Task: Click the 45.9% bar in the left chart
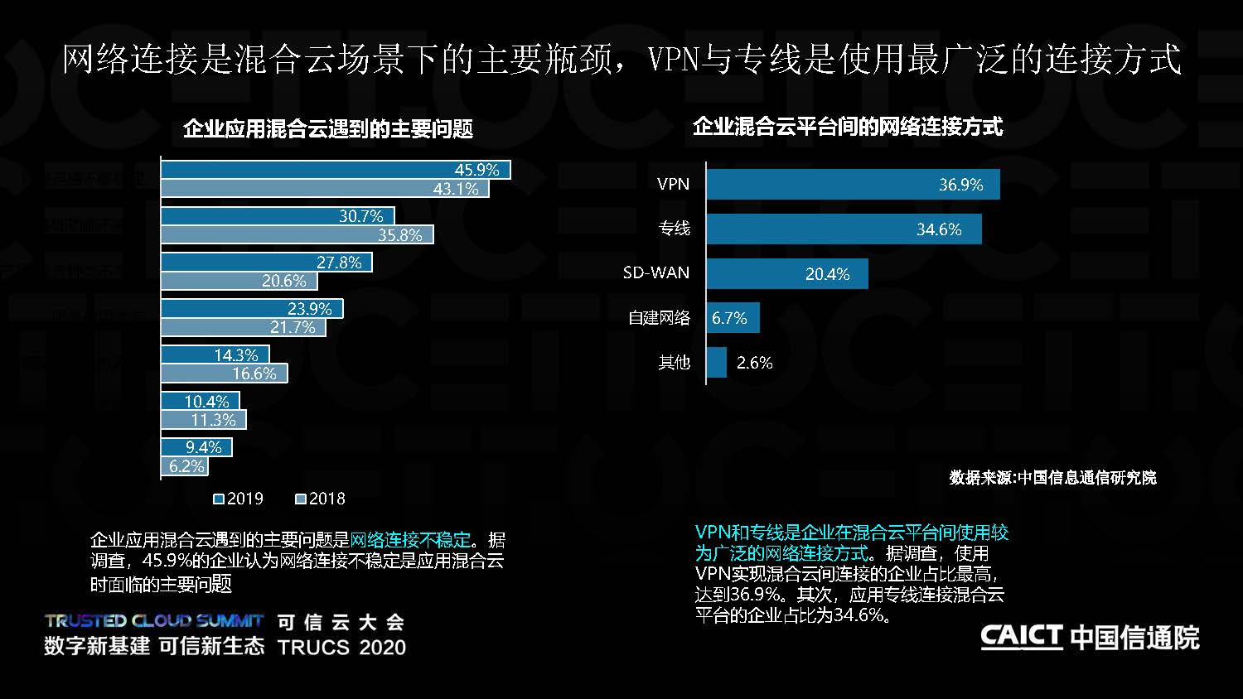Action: [x=335, y=170]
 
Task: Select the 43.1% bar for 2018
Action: [x=324, y=189]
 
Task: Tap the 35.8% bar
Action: [x=296, y=235]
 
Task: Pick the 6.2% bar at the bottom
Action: [x=183, y=466]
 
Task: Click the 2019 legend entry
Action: [x=239, y=499]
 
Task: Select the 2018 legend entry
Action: [x=321, y=499]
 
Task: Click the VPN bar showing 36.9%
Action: [x=853, y=184]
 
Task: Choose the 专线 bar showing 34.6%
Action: [x=844, y=229]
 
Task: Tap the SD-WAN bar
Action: [x=787, y=273]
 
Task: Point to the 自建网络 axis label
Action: [x=659, y=318]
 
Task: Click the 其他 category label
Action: [x=674, y=363]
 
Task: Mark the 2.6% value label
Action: [x=754, y=363]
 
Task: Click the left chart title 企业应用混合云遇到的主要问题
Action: [x=327, y=128]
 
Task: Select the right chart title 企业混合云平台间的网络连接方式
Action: [x=847, y=126]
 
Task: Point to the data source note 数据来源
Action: [x=1052, y=478]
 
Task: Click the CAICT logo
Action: [x=1089, y=637]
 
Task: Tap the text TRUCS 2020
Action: [x=341, y=647]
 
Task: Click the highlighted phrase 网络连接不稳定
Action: [x=410, y=540]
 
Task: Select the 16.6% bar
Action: [x=224, y=374]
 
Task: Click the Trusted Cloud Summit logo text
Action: [x=154, y=620]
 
